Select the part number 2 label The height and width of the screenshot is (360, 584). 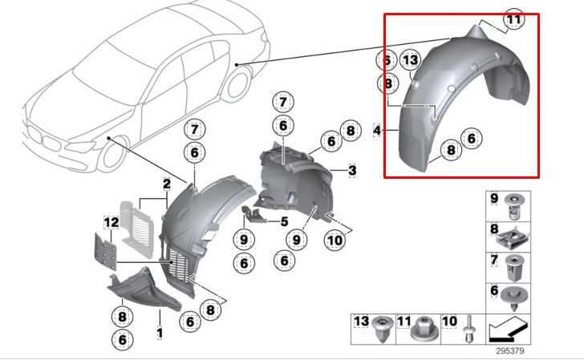[x=166, y=184]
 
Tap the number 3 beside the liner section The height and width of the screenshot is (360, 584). [x=352, y=170]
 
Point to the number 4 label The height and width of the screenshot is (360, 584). [x=377, y=129]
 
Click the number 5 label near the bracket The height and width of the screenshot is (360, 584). [x=283, y=221]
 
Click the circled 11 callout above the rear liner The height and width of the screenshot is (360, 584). [x=513, y=19]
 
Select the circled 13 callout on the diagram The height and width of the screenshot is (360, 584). [x=410, y=61]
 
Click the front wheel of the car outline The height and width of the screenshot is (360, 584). [x=110, y=152]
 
